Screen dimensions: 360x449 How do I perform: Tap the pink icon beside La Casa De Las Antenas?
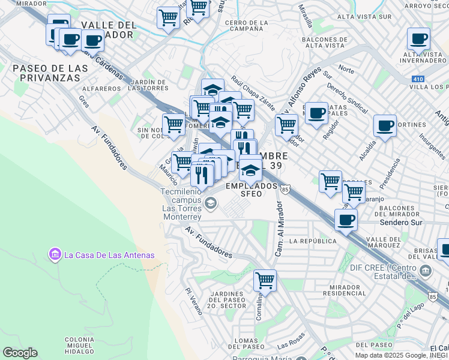(x=55, y=255)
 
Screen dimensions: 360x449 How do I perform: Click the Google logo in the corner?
(x=20, y=353)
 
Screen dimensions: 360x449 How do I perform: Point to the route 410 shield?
(x=418, y=79)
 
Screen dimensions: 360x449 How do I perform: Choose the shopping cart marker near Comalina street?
(x=264, y=280)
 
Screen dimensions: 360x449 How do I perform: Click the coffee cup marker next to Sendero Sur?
(x=346, y=220)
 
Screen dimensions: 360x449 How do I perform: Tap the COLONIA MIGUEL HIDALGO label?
(x=79, y=347)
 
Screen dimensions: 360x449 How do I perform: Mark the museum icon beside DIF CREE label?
(x=426, y=271)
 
